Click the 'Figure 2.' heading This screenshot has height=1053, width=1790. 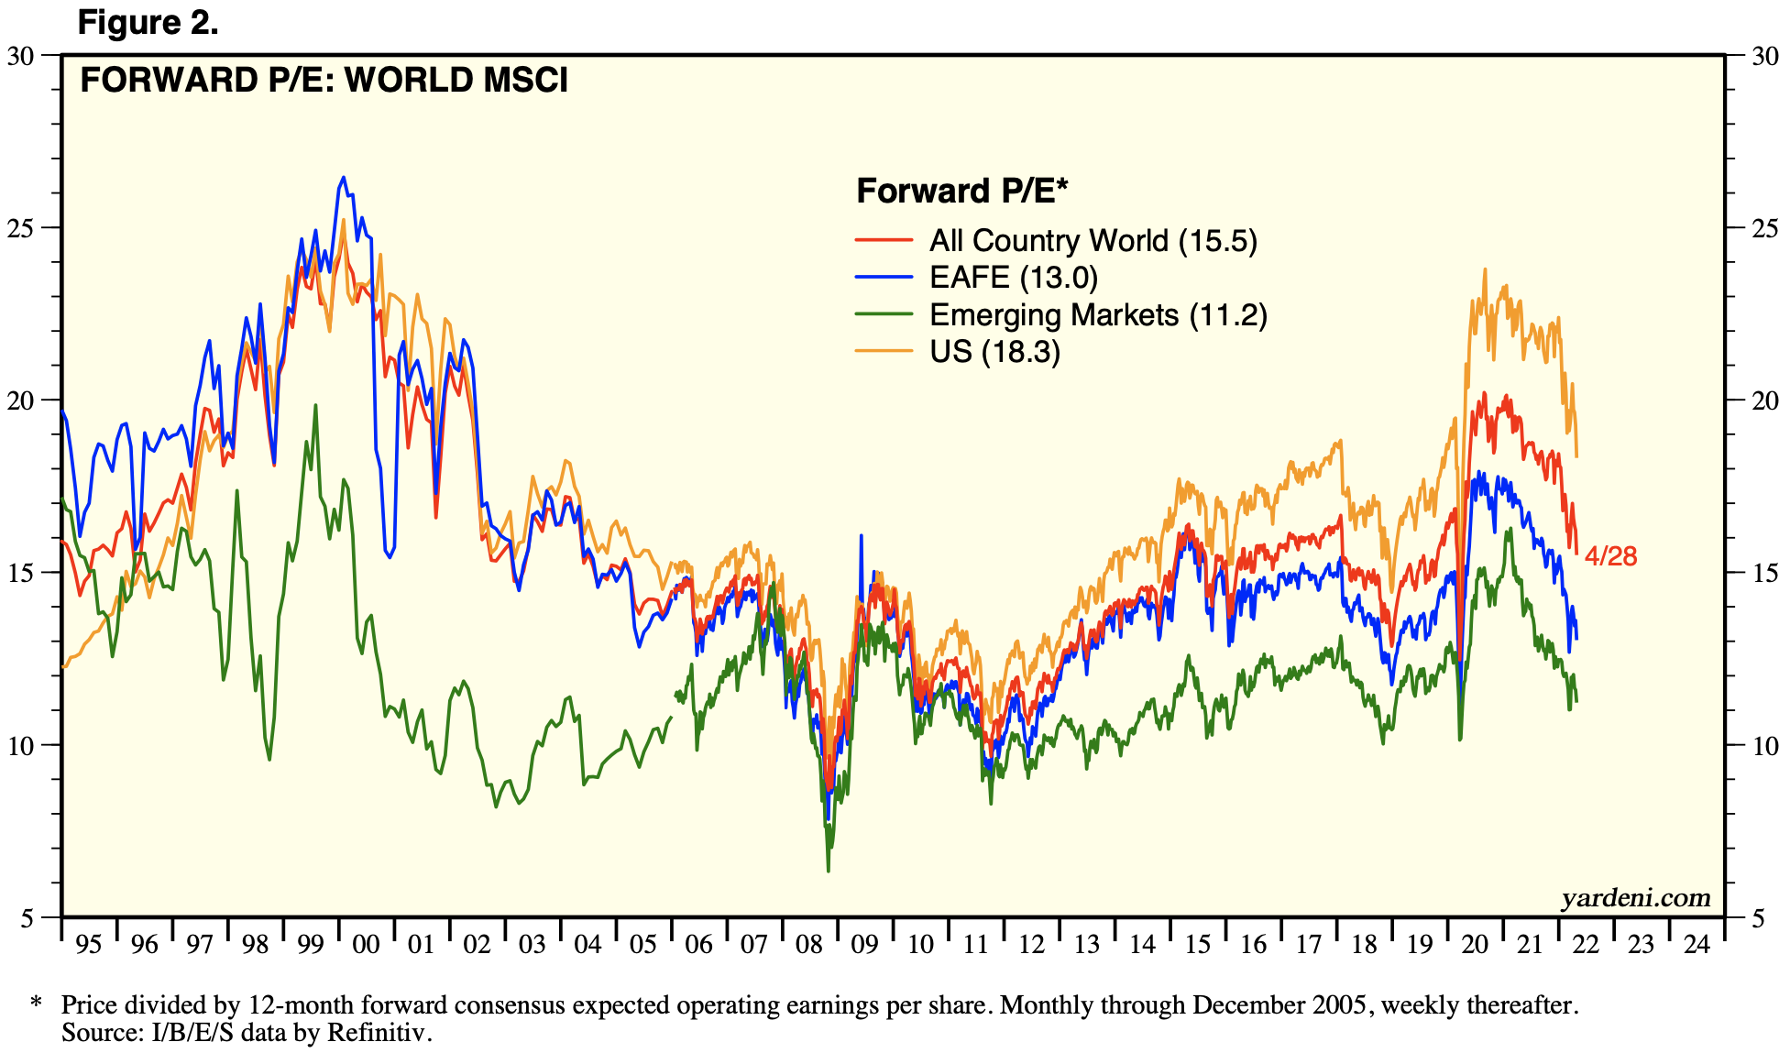148,22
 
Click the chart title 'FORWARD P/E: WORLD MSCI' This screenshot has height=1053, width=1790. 324,81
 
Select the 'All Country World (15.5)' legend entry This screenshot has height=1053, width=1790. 1093,240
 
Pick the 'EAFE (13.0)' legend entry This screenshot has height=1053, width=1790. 1013,277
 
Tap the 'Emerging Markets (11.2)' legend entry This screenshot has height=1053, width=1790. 1098,314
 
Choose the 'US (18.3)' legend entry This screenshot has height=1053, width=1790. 994,351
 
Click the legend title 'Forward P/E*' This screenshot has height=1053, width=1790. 962,191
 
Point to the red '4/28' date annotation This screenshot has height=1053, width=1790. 1610,555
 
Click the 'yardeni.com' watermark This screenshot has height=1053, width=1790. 1636,897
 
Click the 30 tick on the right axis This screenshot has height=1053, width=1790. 1765,55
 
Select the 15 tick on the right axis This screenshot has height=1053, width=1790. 1765,573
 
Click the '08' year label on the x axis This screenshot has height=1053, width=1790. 809,944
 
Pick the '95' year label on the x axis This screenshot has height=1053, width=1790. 88,944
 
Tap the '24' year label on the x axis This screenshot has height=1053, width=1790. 1697,944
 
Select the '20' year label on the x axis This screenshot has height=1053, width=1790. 1475,944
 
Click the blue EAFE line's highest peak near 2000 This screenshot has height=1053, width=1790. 344,178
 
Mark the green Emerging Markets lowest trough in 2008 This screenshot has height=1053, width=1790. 829,870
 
